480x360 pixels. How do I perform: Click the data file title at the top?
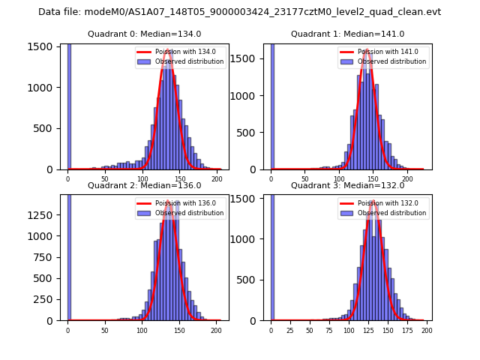point(239,12)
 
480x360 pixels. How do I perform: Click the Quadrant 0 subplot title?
point(144,34)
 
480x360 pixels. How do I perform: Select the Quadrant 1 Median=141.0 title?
point(347,34)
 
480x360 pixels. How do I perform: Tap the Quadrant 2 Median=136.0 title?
point(144,185)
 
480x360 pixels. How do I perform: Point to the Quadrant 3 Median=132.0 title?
point(347,185)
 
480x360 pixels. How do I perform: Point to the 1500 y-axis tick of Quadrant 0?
point(46,46)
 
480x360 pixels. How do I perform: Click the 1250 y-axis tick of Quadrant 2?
point(46,214)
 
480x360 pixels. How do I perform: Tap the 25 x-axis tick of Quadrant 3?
point(291,330)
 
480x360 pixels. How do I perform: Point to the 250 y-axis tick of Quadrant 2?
point(48,299)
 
